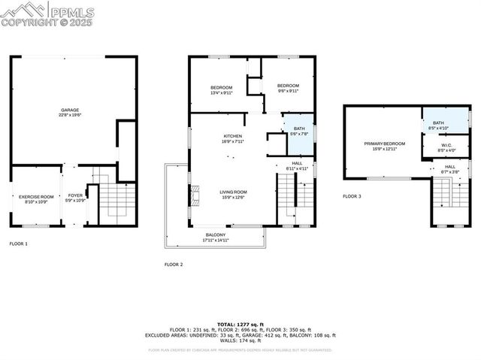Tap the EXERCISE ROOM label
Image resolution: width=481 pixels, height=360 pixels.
(36, 198)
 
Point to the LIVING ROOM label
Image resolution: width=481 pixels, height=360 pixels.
(233, 194)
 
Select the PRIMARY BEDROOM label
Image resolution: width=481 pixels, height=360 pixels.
(384, 145)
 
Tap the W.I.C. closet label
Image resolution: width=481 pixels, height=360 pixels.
(446, 147)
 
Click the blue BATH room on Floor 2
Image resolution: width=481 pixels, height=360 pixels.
(299, 131)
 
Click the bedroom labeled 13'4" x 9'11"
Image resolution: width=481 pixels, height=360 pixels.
(221, 90)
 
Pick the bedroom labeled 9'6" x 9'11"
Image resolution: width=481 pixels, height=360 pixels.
(288, 88)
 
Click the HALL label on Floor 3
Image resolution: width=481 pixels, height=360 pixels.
(449, 169)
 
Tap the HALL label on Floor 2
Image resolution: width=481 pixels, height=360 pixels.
(297, 165)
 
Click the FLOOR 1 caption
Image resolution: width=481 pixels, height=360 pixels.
(19, 244)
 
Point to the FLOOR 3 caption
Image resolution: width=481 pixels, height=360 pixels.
(352, 196)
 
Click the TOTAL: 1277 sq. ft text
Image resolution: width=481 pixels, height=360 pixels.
(240, 323)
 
